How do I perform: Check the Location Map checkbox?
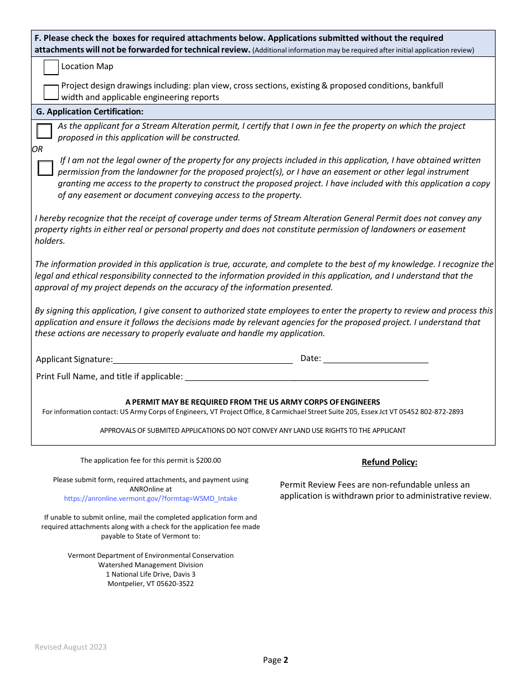(51, 67)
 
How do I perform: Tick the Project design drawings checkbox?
(51, 92)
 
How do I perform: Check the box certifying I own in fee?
(44, 131)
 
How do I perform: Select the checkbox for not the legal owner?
(45, 168)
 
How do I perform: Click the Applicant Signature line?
(203, 359)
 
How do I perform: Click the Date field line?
(375, 359)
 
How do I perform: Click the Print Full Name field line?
(306, 376)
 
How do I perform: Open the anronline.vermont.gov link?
(151, 499)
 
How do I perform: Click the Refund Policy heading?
(389, 462)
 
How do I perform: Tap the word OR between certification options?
(37, 149)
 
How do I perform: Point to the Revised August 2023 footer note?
(71, 647)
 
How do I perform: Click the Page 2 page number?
(275, 660)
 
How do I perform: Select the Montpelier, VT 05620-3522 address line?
(151, 584)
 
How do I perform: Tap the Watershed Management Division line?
(151, 565)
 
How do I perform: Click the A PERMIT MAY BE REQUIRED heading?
(252, 402)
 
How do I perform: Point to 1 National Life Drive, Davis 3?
(151, 574)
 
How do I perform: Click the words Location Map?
(87, 66)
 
